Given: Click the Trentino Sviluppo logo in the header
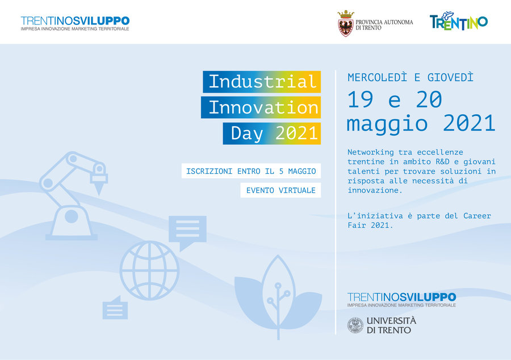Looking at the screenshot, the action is pos(75,23).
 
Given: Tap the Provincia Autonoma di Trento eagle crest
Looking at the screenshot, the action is pos(346,23).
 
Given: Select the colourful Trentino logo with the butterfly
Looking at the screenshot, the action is pos(459,21).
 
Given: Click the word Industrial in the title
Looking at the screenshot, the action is pos(262,81).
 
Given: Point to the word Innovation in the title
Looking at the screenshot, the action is pos(263,107).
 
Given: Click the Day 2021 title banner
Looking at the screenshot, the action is pos(272,133).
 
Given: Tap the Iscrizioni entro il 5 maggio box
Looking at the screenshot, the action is pos(252,171).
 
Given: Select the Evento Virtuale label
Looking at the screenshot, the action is pos(280,190).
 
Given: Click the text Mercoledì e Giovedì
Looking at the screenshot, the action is pos(411,78).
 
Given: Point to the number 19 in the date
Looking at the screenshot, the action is pos(361,99).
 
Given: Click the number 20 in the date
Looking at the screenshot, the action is pos(429,99).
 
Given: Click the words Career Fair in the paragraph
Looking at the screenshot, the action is pos(419,220).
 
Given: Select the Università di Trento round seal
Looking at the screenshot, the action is pos(355,325).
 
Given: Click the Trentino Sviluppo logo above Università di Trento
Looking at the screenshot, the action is pos(401,300).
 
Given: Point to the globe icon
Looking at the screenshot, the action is pos(149,270).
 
